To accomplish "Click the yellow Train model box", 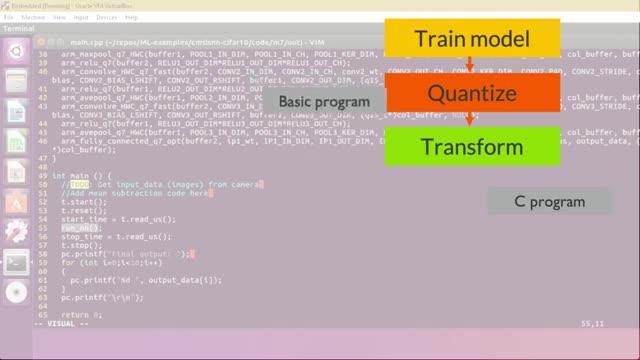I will (470, 39).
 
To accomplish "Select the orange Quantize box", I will (470, 94).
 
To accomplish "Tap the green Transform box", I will (470, 147).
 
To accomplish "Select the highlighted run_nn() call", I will (75, 228).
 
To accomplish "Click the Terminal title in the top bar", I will (19, 28).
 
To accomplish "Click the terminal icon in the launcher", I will (15, 263).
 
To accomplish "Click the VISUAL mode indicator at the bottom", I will (62, 323).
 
